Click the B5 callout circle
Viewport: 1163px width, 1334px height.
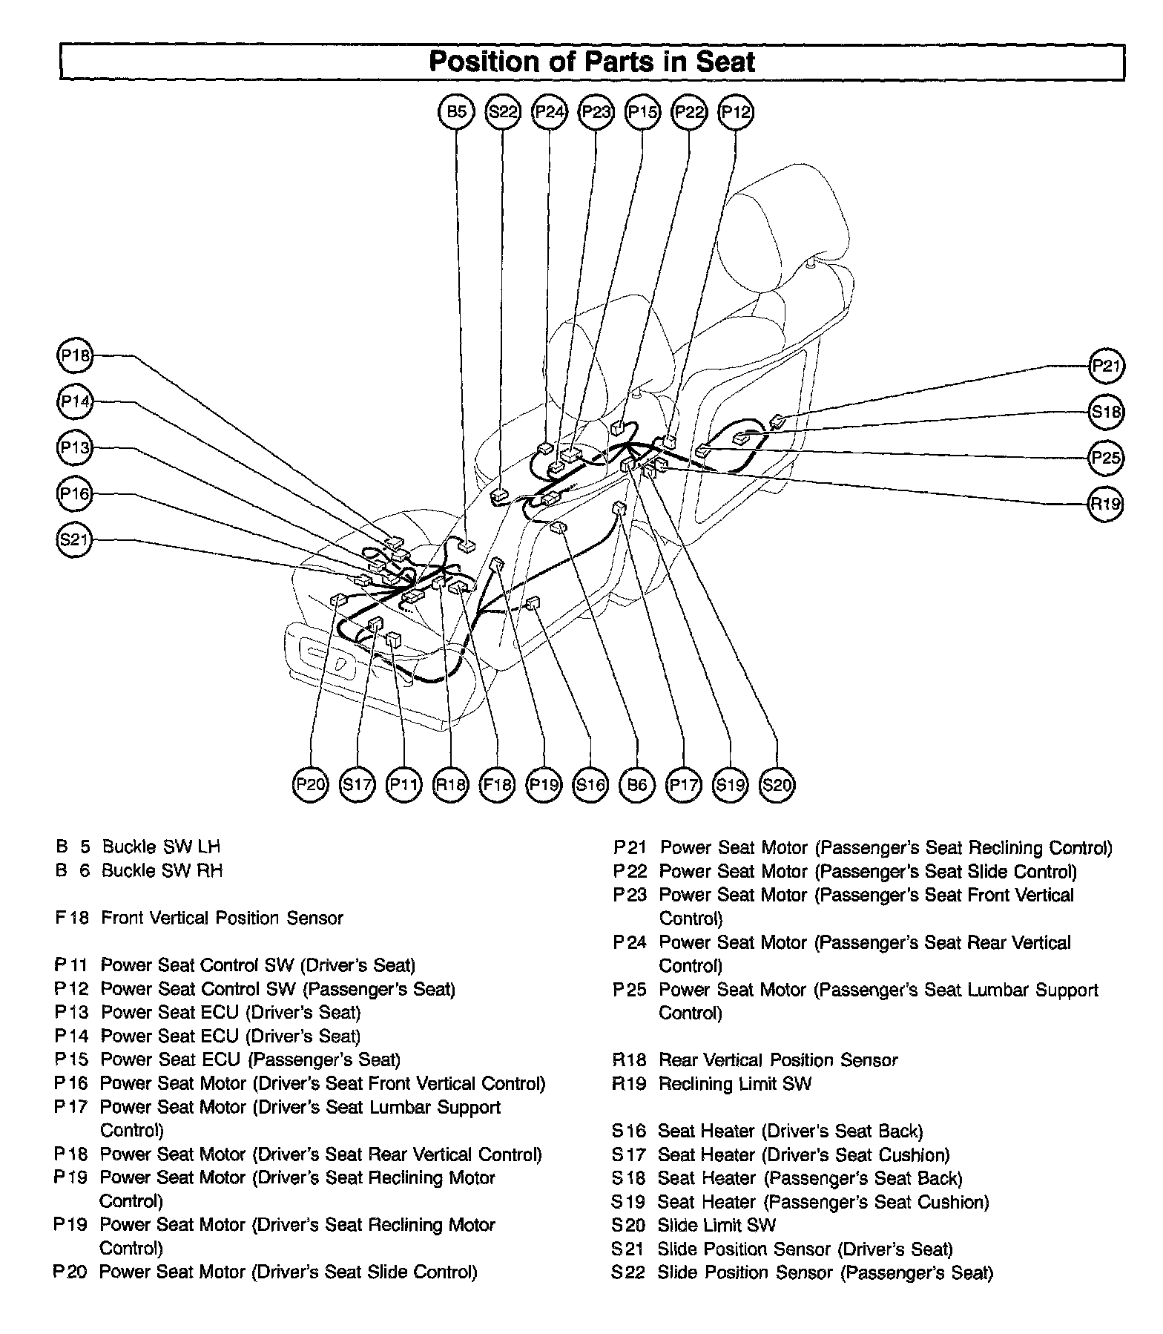[457, 112]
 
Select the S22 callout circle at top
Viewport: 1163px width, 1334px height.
[504, 112]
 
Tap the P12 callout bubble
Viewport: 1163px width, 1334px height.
[736, 112]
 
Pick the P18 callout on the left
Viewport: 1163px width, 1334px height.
[75, 356]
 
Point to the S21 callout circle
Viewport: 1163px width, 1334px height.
[74, 540]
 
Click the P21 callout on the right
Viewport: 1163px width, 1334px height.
[1106, 366]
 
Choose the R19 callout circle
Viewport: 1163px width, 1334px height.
[1106, 505]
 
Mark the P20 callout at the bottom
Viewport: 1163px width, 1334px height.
[311, 784]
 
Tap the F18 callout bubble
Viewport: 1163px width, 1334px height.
[497, 784]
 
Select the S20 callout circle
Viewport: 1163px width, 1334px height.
[777, 784]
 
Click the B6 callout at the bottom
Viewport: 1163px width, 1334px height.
[637, 784]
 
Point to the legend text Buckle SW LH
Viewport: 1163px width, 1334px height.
[161, 847]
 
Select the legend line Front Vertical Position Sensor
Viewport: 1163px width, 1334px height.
[222, 918]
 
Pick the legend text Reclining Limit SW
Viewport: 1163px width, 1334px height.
[734, 1083]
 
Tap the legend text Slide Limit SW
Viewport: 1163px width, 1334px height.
[716, 1225]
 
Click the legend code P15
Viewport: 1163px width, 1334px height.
[71, 1059]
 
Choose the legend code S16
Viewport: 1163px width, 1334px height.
[629, 1131]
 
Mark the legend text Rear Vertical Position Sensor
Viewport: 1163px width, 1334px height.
[777, 1059]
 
